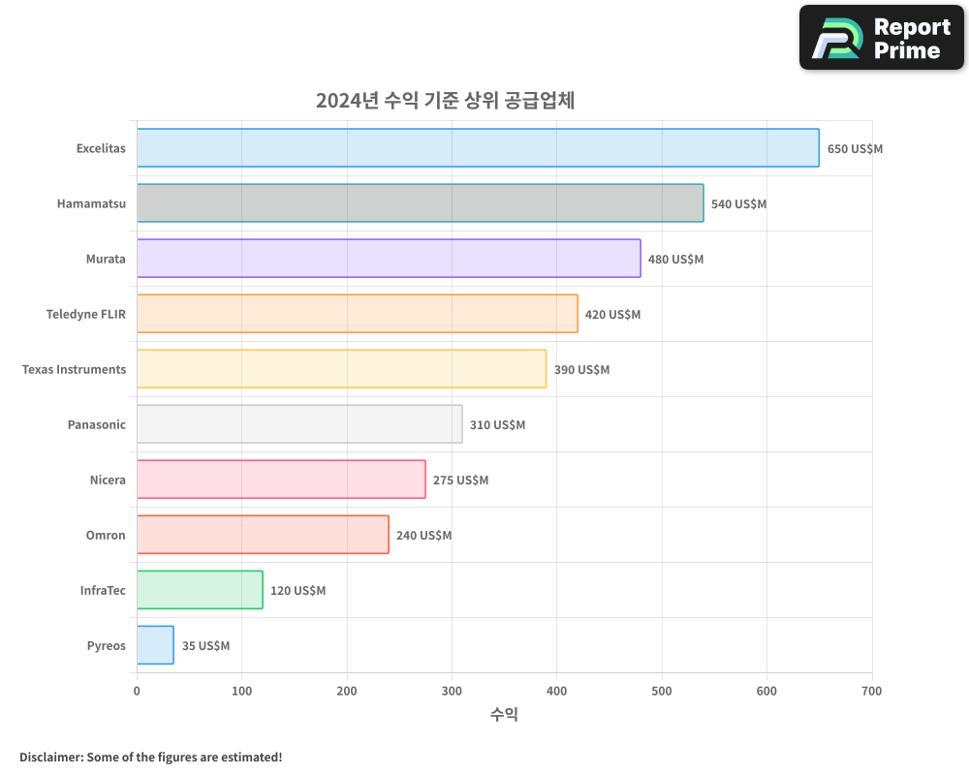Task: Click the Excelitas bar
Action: [x=478, y=148]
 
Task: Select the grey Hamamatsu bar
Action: [x=420, y=203]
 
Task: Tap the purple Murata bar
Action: [x=389, y=259]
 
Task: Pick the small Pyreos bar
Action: [x=155, y=645]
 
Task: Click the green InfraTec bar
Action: [x=200, y=590]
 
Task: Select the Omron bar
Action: [x=263, y=535]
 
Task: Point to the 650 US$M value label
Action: [x=855, y=149]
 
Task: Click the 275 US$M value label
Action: [x=460, y=480]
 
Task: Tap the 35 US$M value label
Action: [x=205, y=646]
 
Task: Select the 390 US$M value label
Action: [x=581, y=370]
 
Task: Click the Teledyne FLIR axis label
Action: [x=85, y=314]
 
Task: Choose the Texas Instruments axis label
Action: [x=74, y=369]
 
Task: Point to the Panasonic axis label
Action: [x=96, y=424]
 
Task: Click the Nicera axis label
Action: [x=108, y=480]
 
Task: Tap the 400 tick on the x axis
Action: [x=557, y=691]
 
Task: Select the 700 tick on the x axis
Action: [x=871, y=691]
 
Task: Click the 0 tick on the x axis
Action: [x=137, y=691]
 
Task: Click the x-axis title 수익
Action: [x=504, y=715]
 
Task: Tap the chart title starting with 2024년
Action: [x=445, y=100]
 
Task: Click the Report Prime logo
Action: [x=881, y=38]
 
